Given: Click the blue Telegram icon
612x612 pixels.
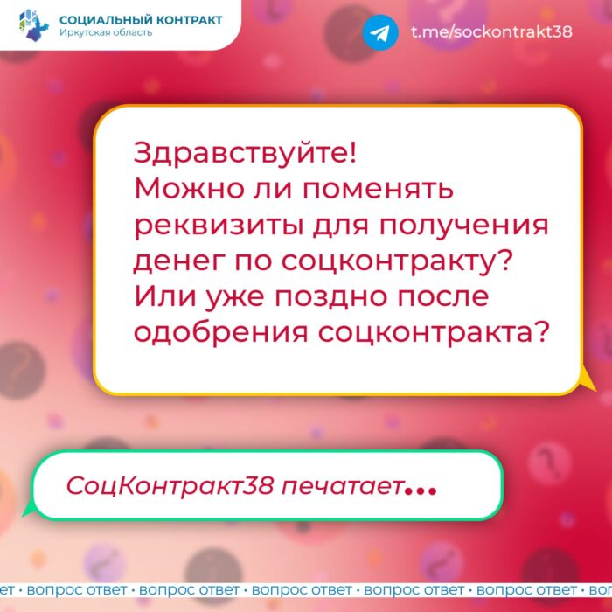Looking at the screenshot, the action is coord(380,32).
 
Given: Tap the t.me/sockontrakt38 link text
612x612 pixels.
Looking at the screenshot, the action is coord(491,31).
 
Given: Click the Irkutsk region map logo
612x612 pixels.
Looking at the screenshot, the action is coord(34,25).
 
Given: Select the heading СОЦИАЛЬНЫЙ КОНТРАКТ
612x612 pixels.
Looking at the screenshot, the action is coord(141,19).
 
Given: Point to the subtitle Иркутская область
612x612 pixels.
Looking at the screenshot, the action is coord(106,32).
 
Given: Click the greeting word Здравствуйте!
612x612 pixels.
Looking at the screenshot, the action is coord(245,154).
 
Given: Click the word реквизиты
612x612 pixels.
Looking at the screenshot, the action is coord(219,226).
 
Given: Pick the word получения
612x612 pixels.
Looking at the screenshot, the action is coord(464,226).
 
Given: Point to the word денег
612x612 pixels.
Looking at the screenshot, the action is coord(179,261).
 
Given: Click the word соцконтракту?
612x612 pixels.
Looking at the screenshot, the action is coord(396,261).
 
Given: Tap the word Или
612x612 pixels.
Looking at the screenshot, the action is coord(164,296).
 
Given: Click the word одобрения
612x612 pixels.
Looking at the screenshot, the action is coord(221,333).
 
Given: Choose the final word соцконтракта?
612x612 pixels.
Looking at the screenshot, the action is coord(434,333).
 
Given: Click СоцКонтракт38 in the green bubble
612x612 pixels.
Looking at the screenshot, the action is coord(170,486).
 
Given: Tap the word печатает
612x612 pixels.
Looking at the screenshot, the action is coord(343,487).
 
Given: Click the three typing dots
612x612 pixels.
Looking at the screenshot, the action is coord(421,490).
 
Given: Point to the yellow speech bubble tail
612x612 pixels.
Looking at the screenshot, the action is coord(587,380).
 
